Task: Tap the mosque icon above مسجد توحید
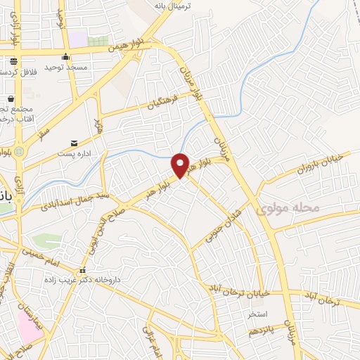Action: [65, 58]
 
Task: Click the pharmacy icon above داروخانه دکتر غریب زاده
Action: [82, 271]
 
